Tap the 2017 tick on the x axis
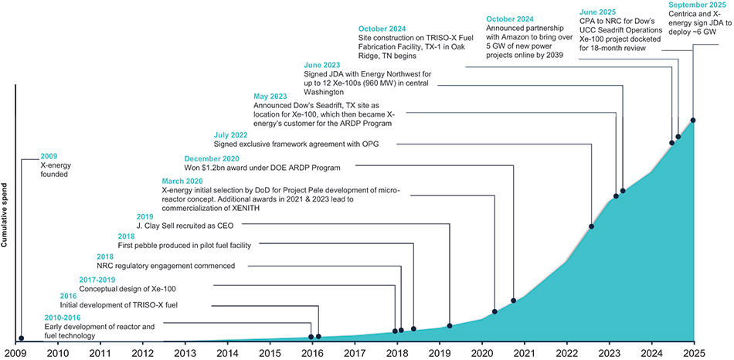click(354, 352)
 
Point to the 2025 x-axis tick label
click(693, 352)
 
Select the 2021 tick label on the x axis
click(524, 352)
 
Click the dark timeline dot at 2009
click(21, 338)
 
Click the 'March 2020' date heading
click(185, 180)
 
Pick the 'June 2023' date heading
click(325, 66)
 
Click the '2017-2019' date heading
click(104, 280)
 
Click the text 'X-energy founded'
click(54, 169)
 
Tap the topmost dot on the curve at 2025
click(693, 120)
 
